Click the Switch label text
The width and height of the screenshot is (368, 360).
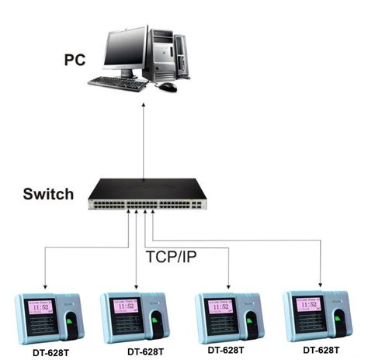point(49,194)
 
